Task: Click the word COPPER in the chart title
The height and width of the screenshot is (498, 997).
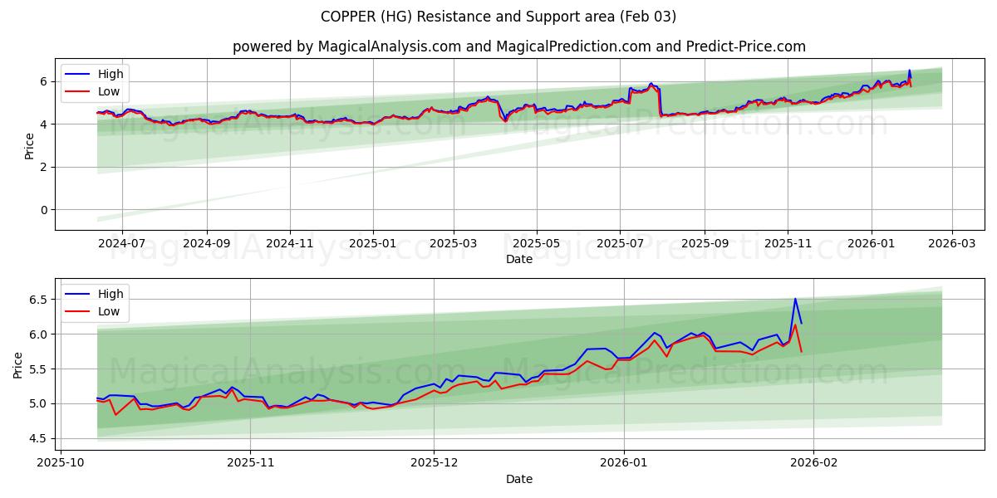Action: point(348,17)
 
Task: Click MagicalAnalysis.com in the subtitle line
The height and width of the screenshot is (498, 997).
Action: point(389,46)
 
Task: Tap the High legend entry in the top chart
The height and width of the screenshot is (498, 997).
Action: point(111,74)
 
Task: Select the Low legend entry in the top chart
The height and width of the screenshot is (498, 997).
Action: point(109,91)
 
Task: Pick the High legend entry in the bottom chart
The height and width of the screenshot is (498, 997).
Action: point(111,294)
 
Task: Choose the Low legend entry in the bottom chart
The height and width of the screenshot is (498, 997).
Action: point(109,311)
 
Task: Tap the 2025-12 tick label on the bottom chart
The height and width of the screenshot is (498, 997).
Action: point(434,462)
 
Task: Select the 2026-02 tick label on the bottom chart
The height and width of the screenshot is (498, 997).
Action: point(813,462)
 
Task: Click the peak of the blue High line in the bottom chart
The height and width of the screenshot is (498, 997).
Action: point(795,299)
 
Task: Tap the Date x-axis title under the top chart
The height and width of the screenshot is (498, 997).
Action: point(519,259)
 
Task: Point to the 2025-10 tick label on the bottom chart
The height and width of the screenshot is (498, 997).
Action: point(61,462)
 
